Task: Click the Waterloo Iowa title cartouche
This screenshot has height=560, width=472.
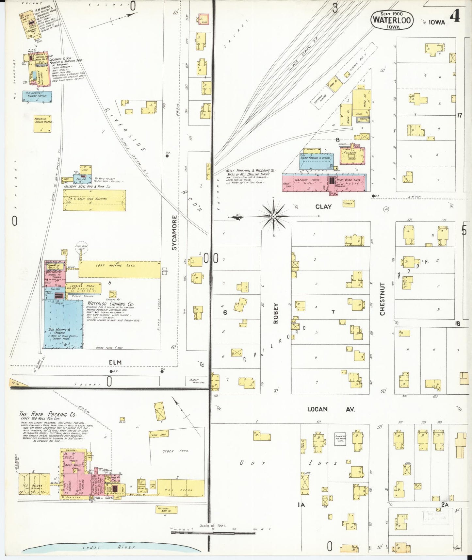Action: [x=392, y=21]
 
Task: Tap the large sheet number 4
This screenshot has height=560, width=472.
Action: [x=455, y=16]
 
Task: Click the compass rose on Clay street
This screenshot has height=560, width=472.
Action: [x=274, y=216]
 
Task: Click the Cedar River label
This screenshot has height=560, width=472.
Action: [x=108, y=547]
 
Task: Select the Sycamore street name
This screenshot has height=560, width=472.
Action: [x=174, y=233]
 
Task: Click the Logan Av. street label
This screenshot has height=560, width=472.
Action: [x=331, y=409]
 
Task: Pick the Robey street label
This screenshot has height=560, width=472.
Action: [x=276, y=313]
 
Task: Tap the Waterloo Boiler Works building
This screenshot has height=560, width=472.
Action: [x=42, y=124]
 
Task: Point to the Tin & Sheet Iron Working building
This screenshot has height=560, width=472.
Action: [x=94, y=200]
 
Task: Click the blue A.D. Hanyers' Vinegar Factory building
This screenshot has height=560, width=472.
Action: [x=37, y=96]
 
